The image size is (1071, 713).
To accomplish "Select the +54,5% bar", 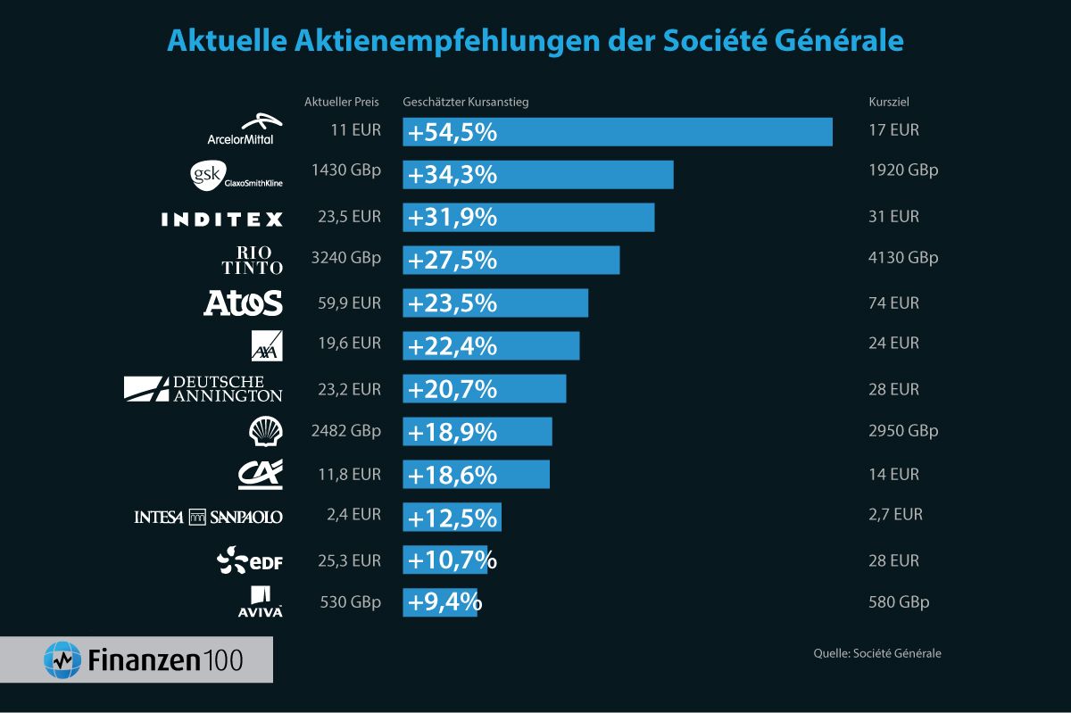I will click(x=618, y=131).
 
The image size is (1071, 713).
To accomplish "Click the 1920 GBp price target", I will click(x=903, y=170).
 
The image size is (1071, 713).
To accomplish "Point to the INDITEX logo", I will click(x=222, y=219).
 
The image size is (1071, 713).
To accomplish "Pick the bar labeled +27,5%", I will click(x=511, y=260).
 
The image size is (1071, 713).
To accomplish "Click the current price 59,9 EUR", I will click(x=350, y=303).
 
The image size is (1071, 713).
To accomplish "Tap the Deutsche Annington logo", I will click(x=203, y=388).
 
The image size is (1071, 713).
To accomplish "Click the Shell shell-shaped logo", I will click(x=266, y=432).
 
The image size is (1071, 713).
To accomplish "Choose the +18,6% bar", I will click(x=476, y=474).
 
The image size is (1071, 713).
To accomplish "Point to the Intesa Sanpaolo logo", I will click(x=208, y=517).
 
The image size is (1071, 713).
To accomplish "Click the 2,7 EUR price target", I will click(x=895, y=514).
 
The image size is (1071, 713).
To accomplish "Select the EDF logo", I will click(x=250, y=560).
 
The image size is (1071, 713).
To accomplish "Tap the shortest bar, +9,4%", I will click(x=440, y=602).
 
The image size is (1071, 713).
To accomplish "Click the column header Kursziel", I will click(x=888, y=102).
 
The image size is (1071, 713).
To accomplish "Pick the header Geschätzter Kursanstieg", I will click(x=466, y=102).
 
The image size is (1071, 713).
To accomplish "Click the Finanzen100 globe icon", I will click(x=63, y=659).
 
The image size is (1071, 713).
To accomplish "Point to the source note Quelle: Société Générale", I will click(x=876, y=653).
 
